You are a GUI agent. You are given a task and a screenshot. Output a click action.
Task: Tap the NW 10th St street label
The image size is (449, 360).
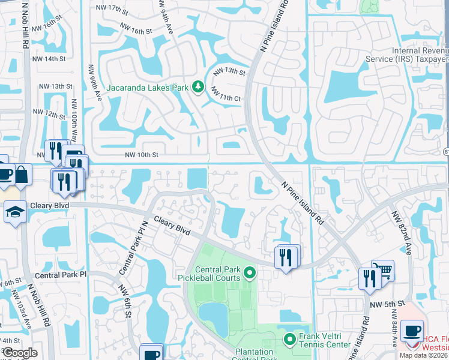(141, 155)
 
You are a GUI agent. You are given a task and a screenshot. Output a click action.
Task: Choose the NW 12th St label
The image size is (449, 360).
(49, 113)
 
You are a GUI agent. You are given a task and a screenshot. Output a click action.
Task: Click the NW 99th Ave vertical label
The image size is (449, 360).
(91, 83)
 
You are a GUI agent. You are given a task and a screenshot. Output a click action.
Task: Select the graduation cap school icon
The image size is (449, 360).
(14, 211)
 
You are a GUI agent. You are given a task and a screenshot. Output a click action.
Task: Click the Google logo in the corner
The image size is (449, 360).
(20, 353)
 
